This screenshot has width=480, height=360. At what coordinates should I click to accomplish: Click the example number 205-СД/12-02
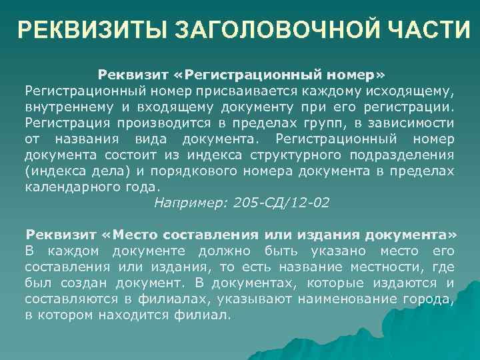point(282,203)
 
